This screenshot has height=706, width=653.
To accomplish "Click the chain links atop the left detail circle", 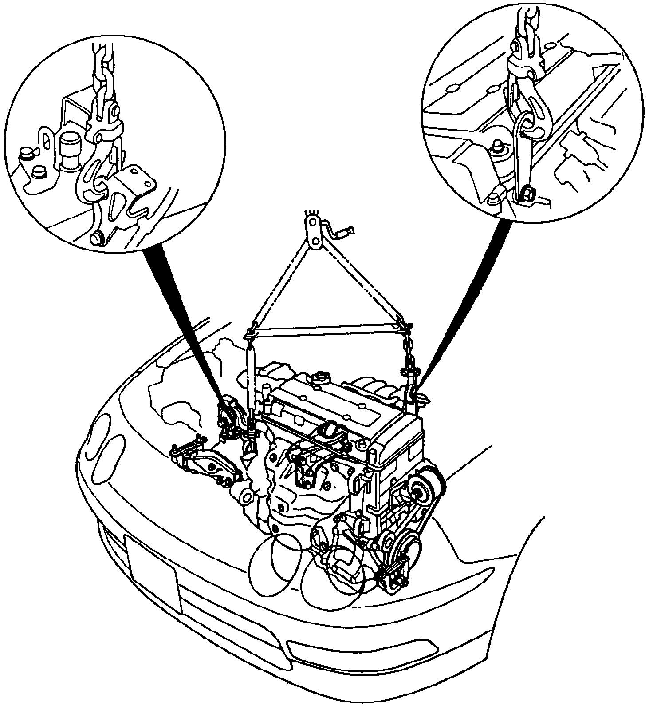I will tap(103, 75).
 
